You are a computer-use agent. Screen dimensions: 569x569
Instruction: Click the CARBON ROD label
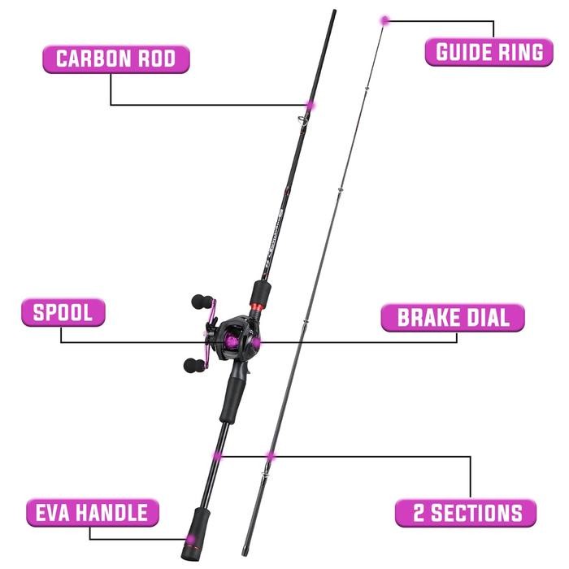pyautogui.click(x=115, y=59)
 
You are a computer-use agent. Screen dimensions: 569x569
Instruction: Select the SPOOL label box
pyautogui.click(x=63, y=313)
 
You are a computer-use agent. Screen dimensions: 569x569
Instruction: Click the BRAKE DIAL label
pyautogui.click(x=452, y=317)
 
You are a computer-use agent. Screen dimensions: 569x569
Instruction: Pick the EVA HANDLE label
pyautogui.click(x=91, y=513)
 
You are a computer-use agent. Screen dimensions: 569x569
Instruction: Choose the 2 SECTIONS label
pyautogui.click(x=465, y=513)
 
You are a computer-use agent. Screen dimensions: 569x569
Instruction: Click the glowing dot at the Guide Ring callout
pyautogui.click(x=384, y=19)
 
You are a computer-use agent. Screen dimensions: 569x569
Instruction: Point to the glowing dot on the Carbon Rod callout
pyautogui.click(x=309, y=105)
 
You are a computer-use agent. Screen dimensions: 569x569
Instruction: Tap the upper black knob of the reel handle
pyautogui.click(x=199, y=302)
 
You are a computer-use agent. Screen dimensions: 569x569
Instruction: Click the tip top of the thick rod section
pyautogui.click(x=335, y=12)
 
